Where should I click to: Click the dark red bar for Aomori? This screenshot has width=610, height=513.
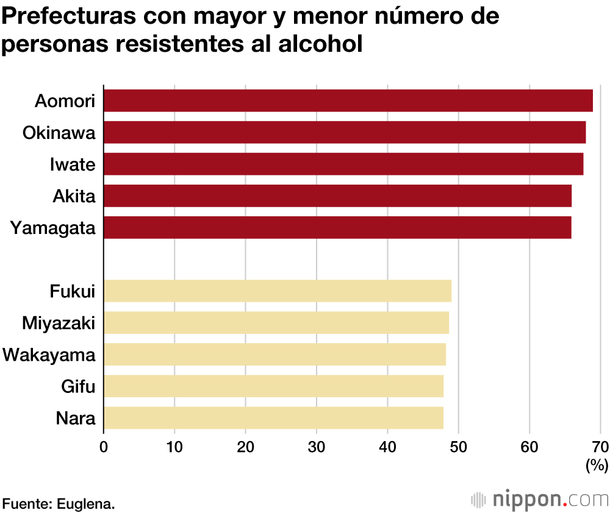click(x=348, y=101)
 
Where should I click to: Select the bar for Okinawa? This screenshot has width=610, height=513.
click(x=345, y=132)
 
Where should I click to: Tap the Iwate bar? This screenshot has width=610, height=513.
click(x=343, y=164)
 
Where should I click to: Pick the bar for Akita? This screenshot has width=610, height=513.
click(x=337, y=196)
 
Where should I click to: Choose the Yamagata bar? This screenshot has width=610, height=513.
click(x=337, y=227)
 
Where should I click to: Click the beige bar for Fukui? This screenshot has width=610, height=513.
click(x=278, y=291)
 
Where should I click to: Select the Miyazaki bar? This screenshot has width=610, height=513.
click(x=276, y=322)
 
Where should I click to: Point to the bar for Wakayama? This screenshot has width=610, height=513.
click(x=274, y=354)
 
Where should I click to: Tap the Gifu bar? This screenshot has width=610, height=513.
click(x=273, y=386)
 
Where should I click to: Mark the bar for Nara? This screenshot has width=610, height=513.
click(x=273, y=417)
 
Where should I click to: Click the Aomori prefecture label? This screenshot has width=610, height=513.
click(x=65, y=101)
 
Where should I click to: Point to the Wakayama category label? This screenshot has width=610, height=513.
click(x=49, y=354)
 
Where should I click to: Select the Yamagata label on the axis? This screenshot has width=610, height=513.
click(x=53, y=228)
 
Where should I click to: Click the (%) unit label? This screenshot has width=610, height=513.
click(x=597, y=466)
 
